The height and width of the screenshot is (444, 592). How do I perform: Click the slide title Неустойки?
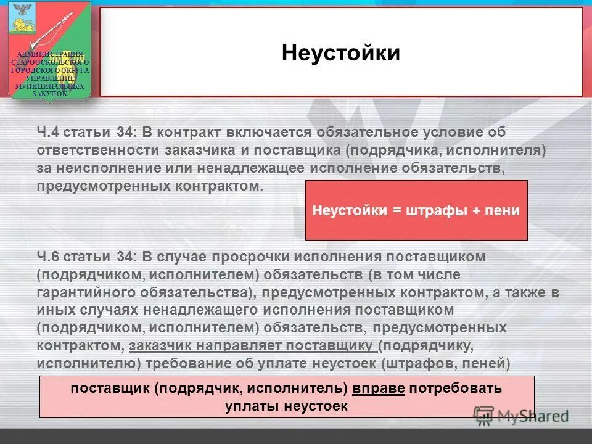341,53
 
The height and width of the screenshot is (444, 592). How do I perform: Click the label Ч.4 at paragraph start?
48,133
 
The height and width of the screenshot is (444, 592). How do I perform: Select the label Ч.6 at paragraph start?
48,256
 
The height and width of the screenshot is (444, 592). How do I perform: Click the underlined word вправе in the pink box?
379,389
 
